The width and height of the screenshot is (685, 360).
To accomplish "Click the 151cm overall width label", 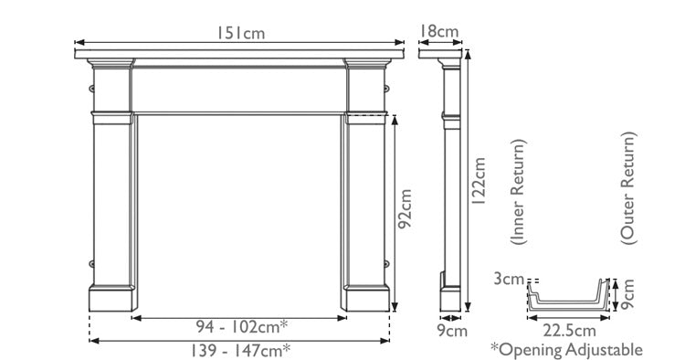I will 240,33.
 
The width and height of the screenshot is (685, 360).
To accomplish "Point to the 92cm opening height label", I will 406,210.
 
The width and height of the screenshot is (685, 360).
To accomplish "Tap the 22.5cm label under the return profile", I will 566,330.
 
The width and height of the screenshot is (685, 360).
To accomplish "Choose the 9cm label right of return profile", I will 627,294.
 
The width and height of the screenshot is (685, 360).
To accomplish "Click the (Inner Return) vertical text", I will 518,194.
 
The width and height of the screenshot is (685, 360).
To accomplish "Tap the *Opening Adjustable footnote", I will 566,349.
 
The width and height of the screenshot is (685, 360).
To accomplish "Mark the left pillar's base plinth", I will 113,297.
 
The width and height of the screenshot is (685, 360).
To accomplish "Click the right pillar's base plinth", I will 367,297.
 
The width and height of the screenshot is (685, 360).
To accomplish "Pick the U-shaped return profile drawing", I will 566,297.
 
